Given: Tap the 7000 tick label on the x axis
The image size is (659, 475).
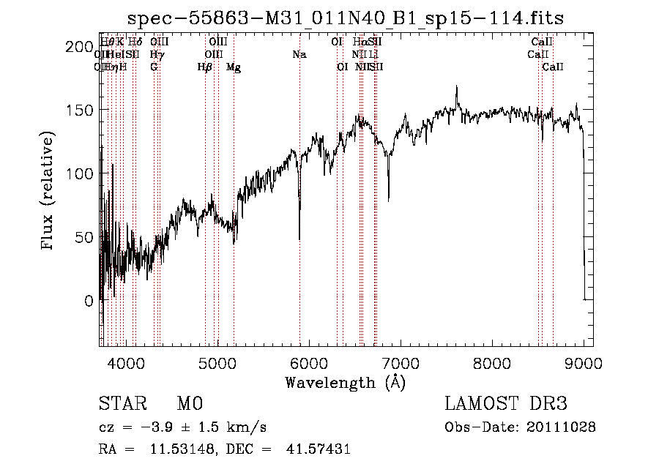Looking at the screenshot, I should point(401,362).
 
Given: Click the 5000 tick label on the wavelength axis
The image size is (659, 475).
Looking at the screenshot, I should point(217,362).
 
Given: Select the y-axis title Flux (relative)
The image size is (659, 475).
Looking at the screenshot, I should point(49,192).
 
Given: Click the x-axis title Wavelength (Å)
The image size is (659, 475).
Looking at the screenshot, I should point(345,382).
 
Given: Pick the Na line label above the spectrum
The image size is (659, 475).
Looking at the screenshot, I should point(299,54).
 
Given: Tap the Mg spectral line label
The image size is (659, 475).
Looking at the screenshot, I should point(234,67).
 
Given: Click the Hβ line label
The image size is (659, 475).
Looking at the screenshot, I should point(205,67).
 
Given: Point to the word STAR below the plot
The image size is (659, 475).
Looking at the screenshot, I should point(120,404).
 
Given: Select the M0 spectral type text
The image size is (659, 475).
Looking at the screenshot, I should point(189,404).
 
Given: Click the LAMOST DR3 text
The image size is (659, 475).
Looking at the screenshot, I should point(506,404).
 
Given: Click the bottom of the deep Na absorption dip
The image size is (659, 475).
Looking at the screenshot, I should point(299,239).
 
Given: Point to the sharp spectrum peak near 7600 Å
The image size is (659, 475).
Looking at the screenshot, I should point(457,86).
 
